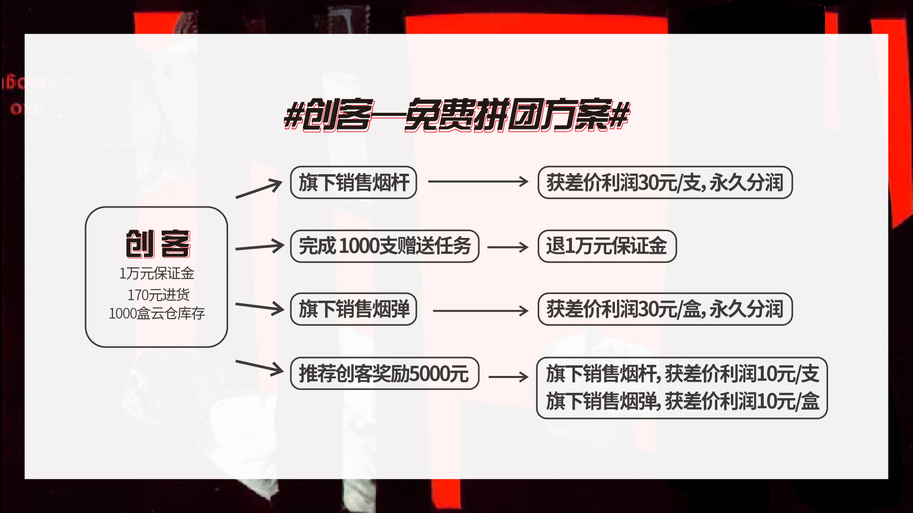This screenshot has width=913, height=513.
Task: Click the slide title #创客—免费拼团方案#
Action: click(x=456, y=115)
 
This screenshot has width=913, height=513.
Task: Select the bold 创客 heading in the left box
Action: click(x=158, y=244)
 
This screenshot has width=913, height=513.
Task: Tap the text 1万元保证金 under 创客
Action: click(x=157, y=274)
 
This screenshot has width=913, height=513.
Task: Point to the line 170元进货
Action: click(x=158, y=294)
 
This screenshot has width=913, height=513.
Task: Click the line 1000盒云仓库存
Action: click(x=157, y=314)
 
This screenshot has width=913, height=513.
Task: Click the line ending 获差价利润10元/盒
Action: click(x=683, y=401)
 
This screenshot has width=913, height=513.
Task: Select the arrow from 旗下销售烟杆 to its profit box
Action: click(x=478, y=181)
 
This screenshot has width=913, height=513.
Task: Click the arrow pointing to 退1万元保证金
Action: click(x=508, y=247)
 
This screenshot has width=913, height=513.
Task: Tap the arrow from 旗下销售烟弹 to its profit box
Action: click(x=481, y=311)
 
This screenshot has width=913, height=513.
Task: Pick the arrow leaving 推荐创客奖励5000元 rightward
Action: click(x=509, y=376)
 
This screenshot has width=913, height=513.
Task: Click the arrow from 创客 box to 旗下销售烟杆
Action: click(x=259, y=189)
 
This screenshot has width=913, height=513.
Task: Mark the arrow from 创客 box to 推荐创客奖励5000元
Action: click(x=259, y=368)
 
